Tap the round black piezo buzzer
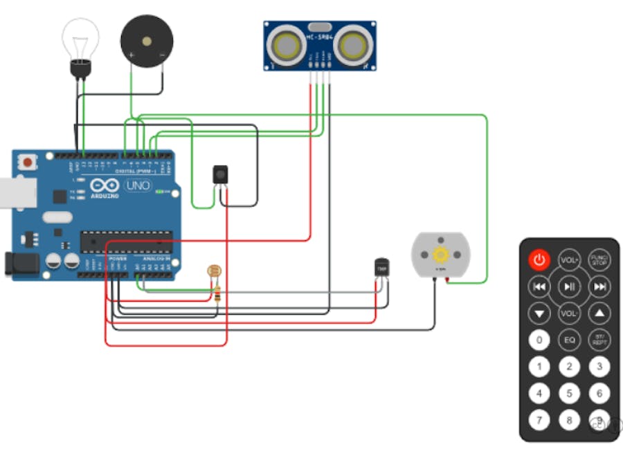tap(146, 42)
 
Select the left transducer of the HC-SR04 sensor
tap(287, 45)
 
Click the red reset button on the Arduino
tap(28, 163)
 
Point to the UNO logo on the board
tap(138, 185)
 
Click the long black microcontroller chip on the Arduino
tap(125, 241)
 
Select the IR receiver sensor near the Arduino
tap(221, 174)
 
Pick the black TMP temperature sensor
tap(381, 267)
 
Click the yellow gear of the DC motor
tap(440, 255)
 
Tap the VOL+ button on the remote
tap(569, 260)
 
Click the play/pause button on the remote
tap(569, 286)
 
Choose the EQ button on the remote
tap(569, 340)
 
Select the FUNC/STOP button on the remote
tap(599, 260)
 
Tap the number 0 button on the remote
tap(539, 340)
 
